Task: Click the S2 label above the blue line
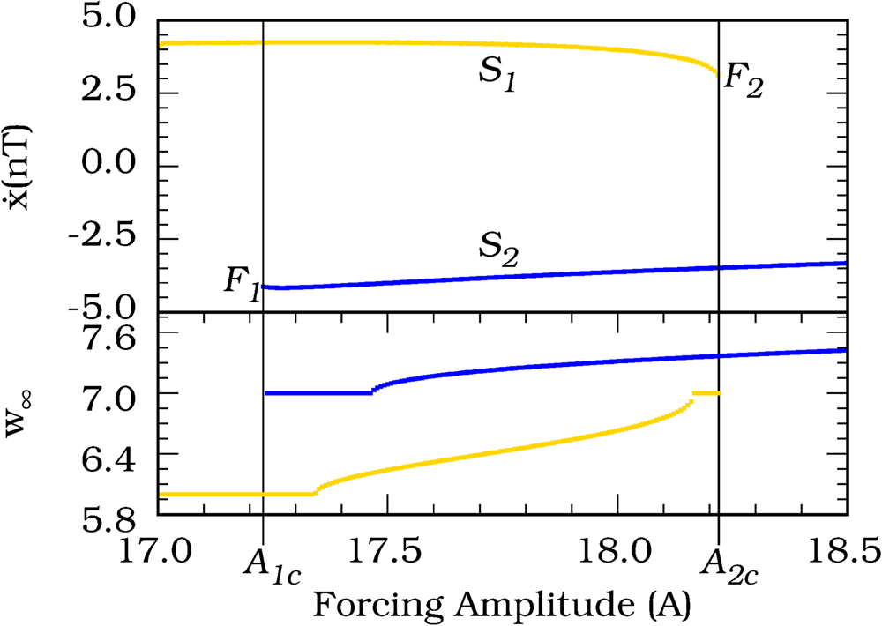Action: click(x=497, y=255)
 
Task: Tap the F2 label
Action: click(x=742, y=81)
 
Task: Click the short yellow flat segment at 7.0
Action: click(x=706, y=393)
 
